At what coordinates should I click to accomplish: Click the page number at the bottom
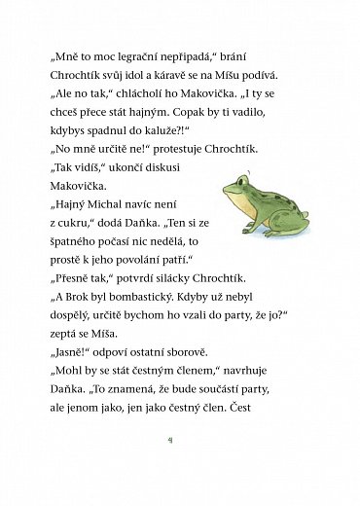click(x=180, y=469)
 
